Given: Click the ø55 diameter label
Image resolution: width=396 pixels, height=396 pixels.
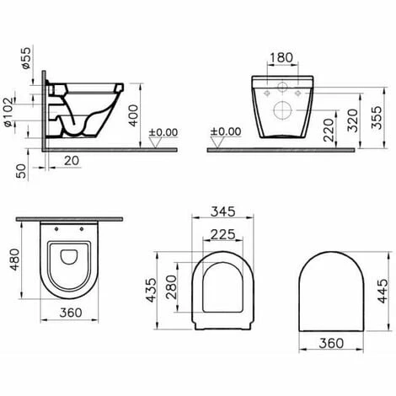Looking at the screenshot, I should pyautogui.click(x=25, y=56).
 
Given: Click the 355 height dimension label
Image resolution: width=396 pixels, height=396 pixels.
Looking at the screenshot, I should pyautogui.click(x=363, y=107).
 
